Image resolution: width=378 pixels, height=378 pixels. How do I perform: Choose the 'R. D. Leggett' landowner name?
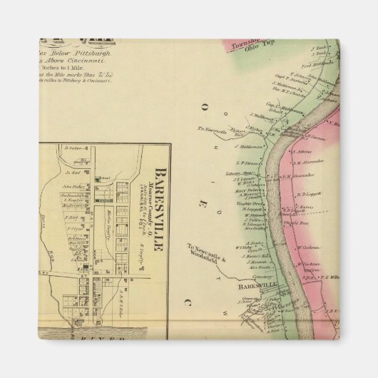coord(311,193)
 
